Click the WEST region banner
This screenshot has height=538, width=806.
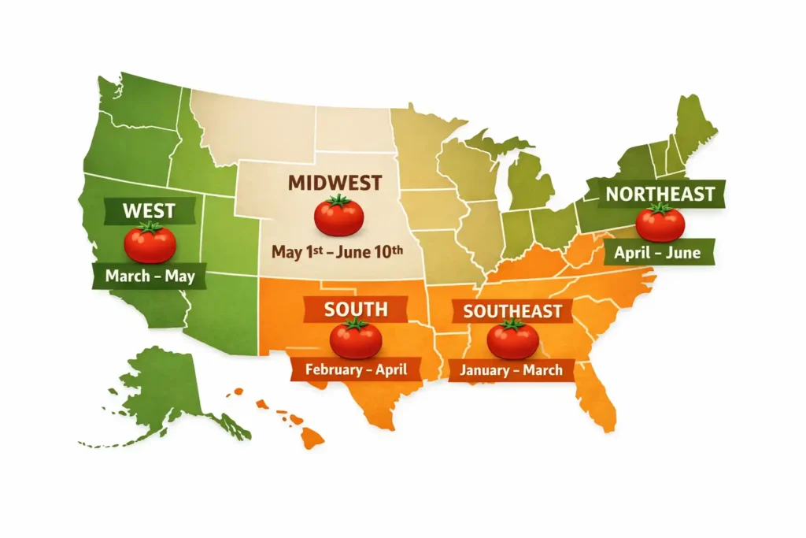coord(149,211)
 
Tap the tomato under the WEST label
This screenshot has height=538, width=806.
coord(150,243)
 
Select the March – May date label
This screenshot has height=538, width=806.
coord(149,276)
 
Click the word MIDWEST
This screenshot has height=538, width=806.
coord(335,183)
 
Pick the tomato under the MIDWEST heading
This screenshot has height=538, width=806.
coord(338,216)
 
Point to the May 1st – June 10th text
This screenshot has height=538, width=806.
coord(337,252)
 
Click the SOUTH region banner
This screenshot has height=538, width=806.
coord(356,308)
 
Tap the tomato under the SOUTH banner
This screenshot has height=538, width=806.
coord(356,339)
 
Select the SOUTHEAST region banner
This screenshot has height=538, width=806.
coord(512,310)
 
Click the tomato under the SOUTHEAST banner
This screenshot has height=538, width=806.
coord(512,339)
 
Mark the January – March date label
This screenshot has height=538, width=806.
coord(512,369)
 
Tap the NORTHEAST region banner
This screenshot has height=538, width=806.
coord(660,193)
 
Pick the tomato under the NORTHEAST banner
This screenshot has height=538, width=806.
coord(660,222)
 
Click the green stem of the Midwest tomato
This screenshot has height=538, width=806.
coord(338,201)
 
